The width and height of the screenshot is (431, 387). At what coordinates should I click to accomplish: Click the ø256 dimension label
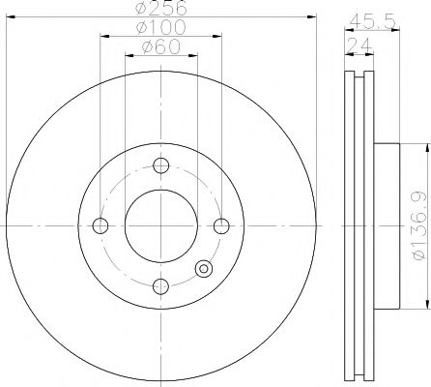[160, 8]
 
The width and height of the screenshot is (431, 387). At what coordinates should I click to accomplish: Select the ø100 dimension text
[160, 27]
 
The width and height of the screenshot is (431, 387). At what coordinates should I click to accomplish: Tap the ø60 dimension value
[160, 46]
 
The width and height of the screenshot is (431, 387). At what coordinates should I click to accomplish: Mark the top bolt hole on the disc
[160, 166]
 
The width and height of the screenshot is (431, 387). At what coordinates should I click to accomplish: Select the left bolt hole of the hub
[100, 226]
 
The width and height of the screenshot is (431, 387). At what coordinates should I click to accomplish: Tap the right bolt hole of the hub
[221, 226]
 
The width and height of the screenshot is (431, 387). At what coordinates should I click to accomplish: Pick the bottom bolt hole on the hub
[160, 286]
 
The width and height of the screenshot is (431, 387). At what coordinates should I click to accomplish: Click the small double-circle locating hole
[202, 270]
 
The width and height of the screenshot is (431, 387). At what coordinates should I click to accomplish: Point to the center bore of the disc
[160, 226]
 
